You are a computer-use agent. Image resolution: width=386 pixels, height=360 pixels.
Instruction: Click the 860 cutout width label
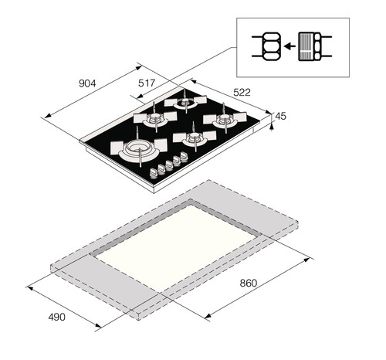pyautogui.click(x=249, y=283)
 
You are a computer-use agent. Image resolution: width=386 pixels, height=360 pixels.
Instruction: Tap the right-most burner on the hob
pyautogui.click(x=224, y=119)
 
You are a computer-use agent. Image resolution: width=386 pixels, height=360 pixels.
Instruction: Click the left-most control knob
pyautogui.click(x=153, y=174)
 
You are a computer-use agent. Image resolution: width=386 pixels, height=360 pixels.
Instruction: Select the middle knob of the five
pyautogui.click(x=169, y=165)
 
